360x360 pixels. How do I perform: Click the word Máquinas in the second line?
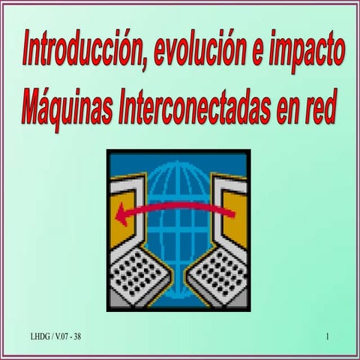(x=66, y=109)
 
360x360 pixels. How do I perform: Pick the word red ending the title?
(x=319, y=109)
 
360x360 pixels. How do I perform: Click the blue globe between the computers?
(x=178, y=195)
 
